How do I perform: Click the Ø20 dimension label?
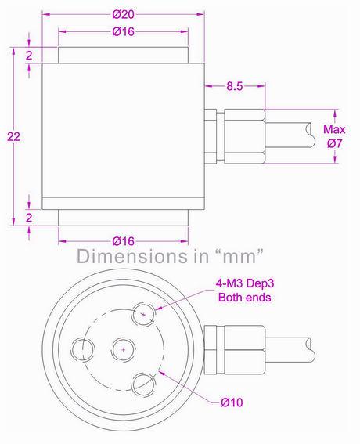coord(124,13)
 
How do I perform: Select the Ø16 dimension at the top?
coord(124,31)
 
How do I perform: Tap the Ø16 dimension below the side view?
coord(124,240)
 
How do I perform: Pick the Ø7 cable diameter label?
coord(334,143)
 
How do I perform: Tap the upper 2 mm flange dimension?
coord(28,56)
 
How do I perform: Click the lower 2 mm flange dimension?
coord(28,216)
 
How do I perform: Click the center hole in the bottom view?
coord(122,348)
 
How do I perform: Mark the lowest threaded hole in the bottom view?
coord(142,384)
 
